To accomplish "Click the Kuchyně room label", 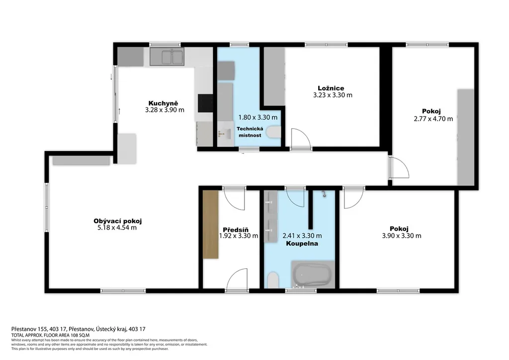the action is coord(163,103).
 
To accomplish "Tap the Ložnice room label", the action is coord(331,89).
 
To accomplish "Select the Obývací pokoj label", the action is coord(117,221).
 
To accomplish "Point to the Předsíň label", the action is coord(236,230).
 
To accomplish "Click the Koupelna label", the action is coord(302,244).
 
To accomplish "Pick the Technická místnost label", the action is coord(250,132).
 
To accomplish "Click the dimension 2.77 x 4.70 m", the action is coord(433,119).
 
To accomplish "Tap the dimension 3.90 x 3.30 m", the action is coord(402,236).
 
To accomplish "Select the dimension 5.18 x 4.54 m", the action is coord(117,228).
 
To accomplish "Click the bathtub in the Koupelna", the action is coord(313,274).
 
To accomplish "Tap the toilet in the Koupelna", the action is coord(273,280).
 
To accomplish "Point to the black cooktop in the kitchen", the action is coord(205,103).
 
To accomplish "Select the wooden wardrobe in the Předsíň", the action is coord(210,225).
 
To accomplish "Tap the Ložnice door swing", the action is coord(301,139).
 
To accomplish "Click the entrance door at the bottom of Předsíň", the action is coord(238,279).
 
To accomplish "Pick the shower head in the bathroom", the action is coord(324,194).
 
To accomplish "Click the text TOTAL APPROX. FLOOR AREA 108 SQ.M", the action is coord(50,335).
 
